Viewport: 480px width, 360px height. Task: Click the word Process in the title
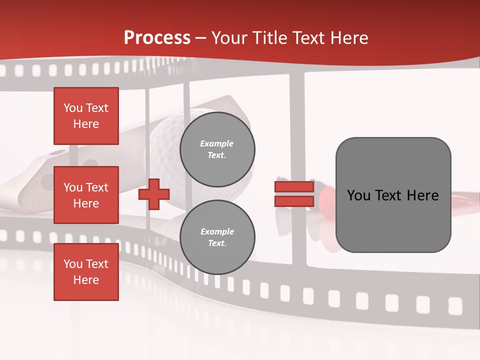(x=157, y=38)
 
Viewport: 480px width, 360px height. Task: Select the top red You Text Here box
(x=86, y=116)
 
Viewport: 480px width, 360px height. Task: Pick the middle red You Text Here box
(x=86, y=195)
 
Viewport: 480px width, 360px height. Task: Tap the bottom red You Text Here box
(x=86, y=272)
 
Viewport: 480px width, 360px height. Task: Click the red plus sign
(x=154, y=194)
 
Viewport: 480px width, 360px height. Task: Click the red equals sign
(x=294, y=194)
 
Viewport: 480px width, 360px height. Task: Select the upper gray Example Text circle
(x=217, y=149)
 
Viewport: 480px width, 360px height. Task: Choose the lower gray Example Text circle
(x=217, y=237)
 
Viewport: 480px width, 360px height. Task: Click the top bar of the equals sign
(x=294, y=186)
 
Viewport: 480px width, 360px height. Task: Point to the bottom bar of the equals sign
(x=294, y=201)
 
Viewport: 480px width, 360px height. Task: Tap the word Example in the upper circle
(x=216, y=144)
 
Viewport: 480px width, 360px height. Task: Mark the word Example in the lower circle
(x=217, y=232)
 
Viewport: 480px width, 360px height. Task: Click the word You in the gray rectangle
(x=359, y=195)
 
